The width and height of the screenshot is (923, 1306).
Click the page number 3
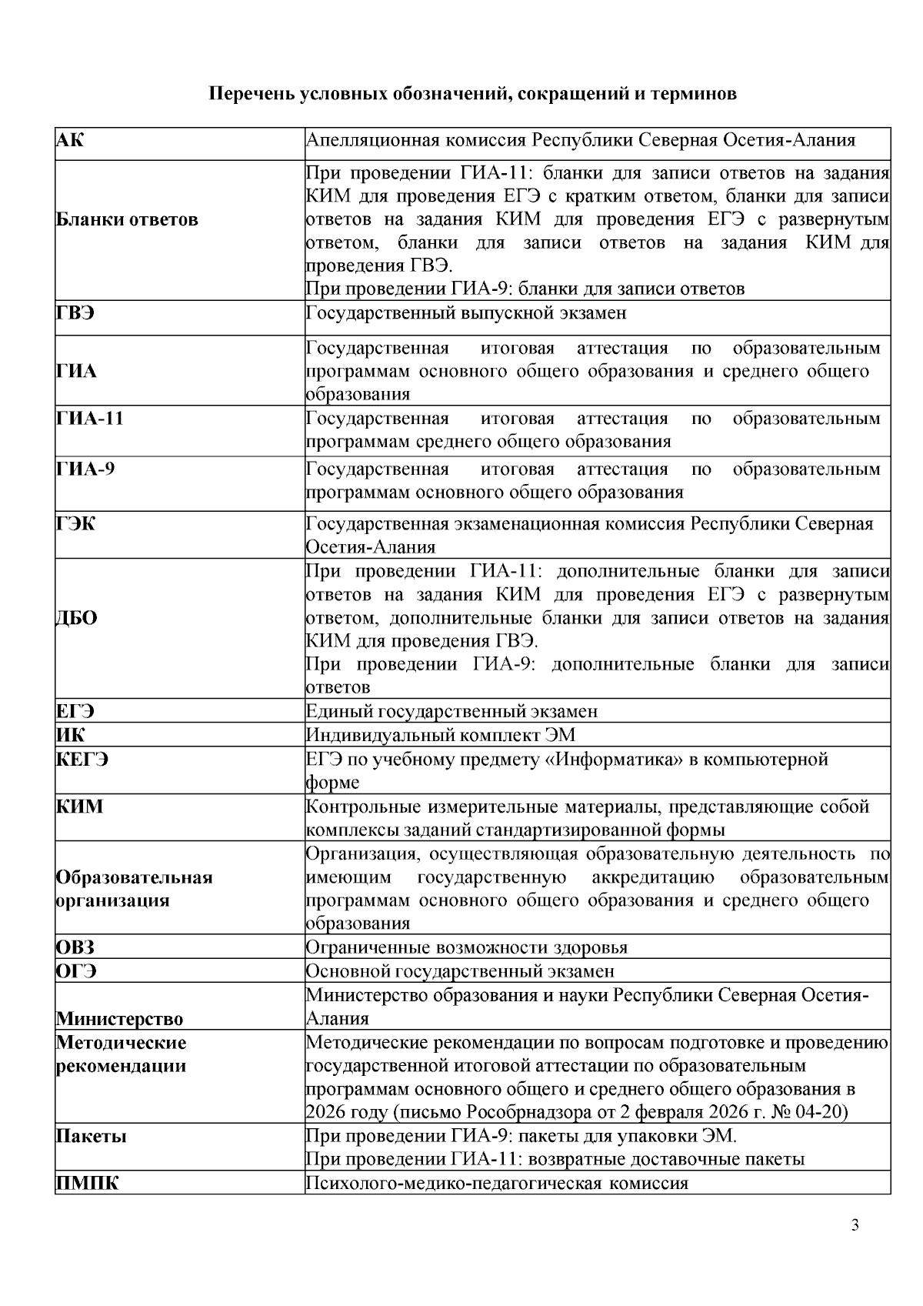point(855,1225)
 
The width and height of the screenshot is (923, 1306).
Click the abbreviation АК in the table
point(70,140)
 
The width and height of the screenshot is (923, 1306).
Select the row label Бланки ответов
point(127,219)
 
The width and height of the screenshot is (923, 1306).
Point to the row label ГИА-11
point(89,419)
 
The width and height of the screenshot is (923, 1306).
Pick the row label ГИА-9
point(85,469)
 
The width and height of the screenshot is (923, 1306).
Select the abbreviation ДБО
point(77,618)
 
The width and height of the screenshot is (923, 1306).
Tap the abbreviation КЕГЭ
point(82,760)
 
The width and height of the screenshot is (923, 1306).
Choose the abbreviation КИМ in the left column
point(79,807)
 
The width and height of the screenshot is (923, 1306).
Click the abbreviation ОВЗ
point(75,947)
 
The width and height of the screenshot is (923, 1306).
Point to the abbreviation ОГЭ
point(75,971)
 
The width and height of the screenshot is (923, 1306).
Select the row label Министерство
point(119,1019)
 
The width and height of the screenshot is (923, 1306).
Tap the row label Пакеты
point(91,1137)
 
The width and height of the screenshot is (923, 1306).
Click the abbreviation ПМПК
point(88,1184)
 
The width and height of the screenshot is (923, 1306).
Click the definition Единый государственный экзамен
point(452,712)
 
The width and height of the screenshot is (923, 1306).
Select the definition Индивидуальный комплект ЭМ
point(440,736)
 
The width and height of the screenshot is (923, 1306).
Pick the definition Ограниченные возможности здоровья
point(466,947)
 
